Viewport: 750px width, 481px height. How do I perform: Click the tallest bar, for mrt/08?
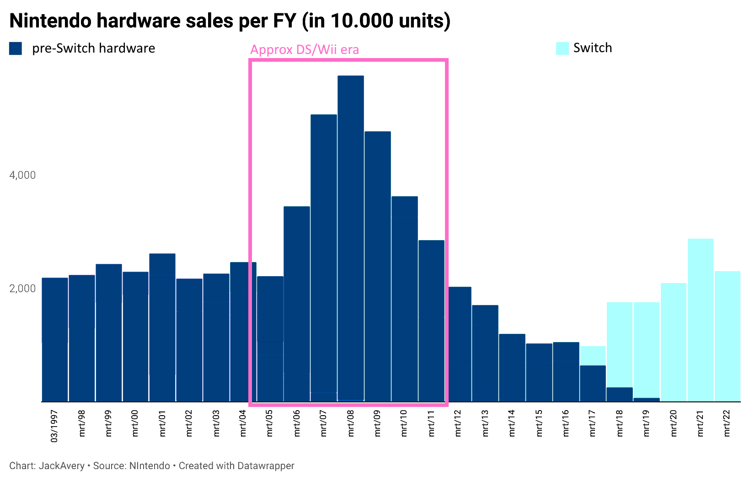click(351, 238)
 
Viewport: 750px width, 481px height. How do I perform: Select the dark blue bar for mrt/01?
click(162, 327)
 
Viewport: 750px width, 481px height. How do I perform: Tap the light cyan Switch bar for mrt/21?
click(700, 320)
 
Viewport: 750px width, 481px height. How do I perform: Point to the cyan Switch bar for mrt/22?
click(727, 336)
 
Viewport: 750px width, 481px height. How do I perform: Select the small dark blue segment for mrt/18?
click(620, 395)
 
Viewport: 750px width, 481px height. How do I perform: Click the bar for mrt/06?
click(297, 304)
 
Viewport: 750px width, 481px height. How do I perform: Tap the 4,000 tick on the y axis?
click(22, 176)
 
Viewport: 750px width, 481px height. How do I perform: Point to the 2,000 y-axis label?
click(22, 289)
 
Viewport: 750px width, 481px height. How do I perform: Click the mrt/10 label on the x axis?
click(404, 423)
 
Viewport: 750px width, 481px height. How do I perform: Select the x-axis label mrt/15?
click(539, 423)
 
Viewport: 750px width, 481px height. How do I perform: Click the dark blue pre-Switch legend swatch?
click(16, 48)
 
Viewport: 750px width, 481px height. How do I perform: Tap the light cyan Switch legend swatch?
click(562, 48)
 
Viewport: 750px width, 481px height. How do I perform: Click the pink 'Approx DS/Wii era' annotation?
click(305, 50)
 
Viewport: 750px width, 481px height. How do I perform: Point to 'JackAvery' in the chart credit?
click(61, 466)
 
